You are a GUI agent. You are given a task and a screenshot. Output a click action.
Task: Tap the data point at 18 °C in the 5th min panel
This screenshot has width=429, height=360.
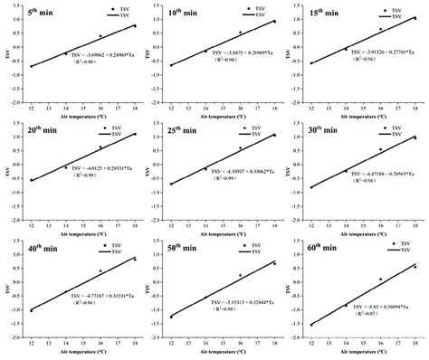pyautogui.click(x=135, y=25)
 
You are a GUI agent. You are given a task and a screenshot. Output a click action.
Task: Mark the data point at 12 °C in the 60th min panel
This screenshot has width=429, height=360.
pyautogui.click(x=312, y=325)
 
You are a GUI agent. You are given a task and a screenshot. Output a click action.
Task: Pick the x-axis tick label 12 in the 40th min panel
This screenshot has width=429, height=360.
pyautogui.click(x=31, y=345)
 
